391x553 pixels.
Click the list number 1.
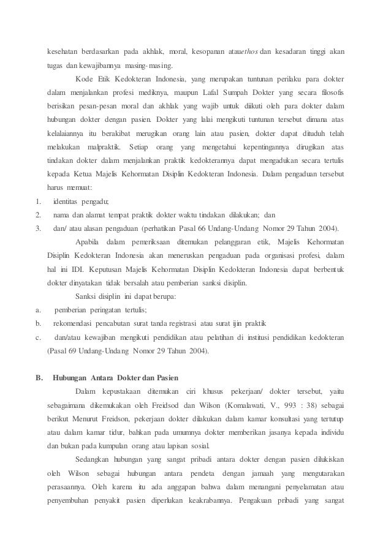38,201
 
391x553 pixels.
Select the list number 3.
38,228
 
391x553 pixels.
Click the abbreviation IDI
80,270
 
